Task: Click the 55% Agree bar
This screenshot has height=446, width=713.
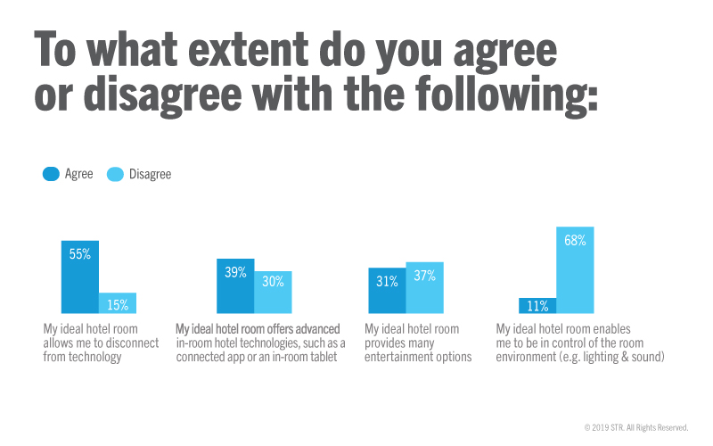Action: click(79, 277)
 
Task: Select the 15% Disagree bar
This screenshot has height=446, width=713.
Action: click(118, 303)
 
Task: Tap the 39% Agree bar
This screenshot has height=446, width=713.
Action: click(235, 286)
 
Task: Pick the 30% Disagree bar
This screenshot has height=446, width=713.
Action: click(273, 293)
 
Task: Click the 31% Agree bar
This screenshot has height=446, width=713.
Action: click(387, 291)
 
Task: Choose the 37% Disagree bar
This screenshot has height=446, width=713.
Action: click(424, 288)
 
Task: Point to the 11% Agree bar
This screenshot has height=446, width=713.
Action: click(537, 306)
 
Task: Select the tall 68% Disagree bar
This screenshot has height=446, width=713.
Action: click(575, 270)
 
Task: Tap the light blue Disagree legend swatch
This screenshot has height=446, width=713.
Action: click(116, 174)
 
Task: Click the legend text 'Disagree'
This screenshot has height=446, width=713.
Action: click(151, 175)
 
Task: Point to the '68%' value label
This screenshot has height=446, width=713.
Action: click(575, 240)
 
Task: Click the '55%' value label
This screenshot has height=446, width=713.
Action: click(80, 253)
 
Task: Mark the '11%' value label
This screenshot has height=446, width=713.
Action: click(537, 305)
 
